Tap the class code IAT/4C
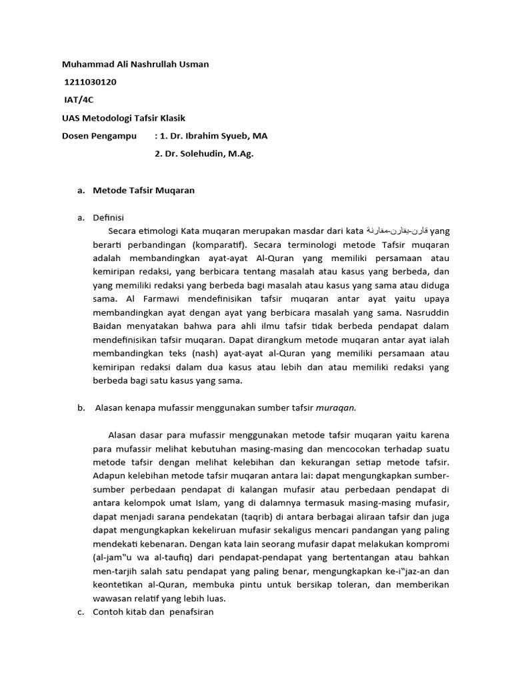tap(79, 100)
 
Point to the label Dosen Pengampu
tap(99, 136)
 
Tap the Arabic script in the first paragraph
tap(397, 231)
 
